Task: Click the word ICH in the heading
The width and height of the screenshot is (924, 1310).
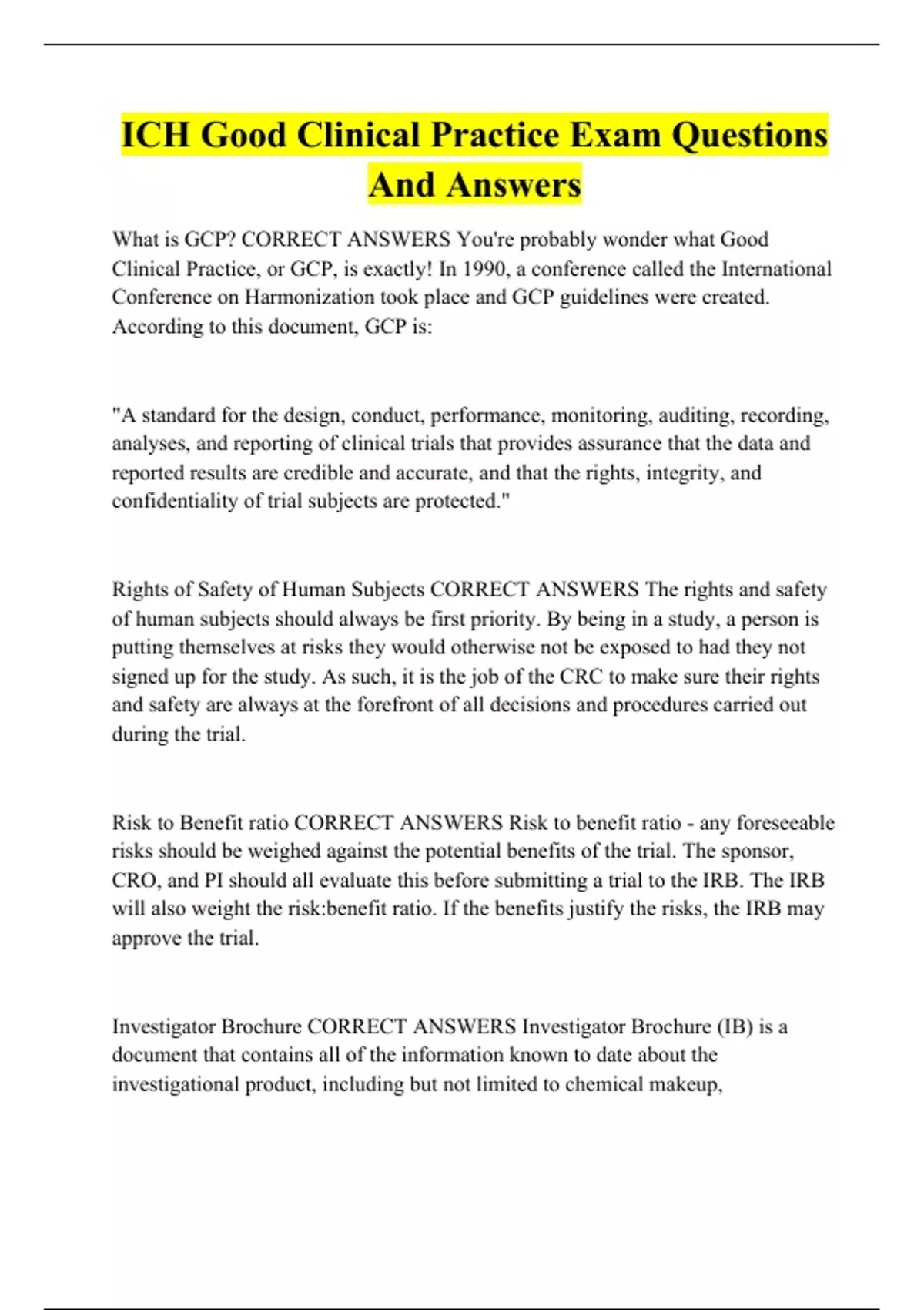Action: coord(155,135)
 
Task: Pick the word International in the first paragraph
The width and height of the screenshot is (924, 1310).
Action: coord(776,269)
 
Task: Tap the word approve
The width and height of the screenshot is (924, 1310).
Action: coord(146,939)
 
